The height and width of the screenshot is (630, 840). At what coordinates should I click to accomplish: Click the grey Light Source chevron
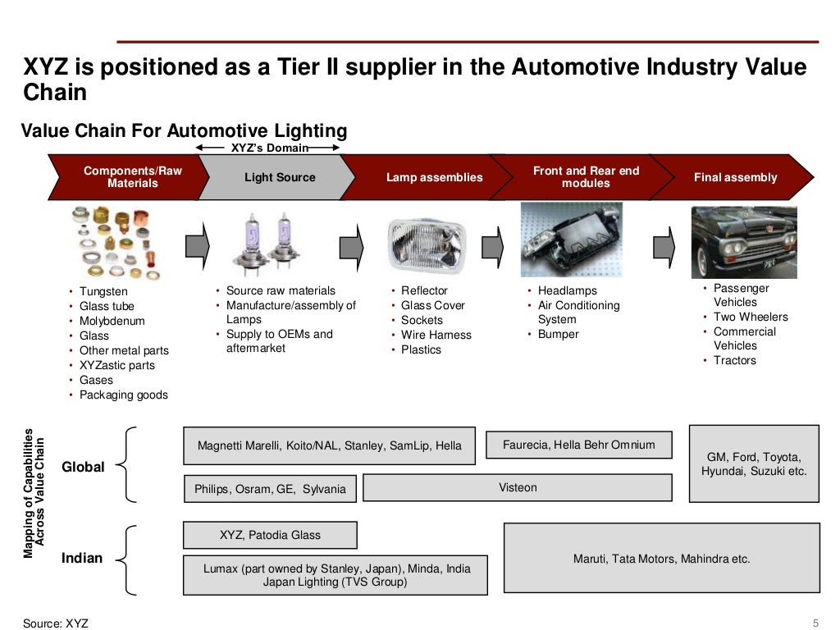coord(276,177)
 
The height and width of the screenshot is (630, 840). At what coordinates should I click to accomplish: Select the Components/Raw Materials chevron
coord(129,177)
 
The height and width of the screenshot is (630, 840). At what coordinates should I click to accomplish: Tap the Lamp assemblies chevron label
coord(435,177)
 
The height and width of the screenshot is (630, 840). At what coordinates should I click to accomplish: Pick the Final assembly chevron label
coord(736,177)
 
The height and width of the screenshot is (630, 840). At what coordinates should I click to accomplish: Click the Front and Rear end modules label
coord(586,177)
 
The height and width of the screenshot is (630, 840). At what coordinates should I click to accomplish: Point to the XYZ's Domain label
coord(269,148)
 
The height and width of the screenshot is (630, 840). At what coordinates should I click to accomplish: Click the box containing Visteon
coord(518,487)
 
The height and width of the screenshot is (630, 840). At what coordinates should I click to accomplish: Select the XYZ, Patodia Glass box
coord(270,535)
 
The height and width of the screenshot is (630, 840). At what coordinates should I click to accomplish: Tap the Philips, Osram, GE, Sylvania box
coord(270,489)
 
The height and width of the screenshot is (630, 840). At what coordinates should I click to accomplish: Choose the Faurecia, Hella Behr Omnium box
coord(579,445)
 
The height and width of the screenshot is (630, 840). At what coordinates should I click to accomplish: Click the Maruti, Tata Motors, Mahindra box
coord(662,558)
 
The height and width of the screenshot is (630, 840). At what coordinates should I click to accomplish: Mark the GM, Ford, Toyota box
coord(755,464)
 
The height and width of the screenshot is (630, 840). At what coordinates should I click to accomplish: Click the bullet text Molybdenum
coord(112,321)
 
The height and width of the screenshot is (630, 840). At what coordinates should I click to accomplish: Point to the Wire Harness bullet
coord(436,335)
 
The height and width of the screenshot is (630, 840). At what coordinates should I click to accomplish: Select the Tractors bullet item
coord(734,361)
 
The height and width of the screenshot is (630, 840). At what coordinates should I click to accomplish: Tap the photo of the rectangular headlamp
coord(427,246)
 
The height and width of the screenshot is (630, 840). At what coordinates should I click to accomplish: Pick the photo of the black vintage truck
coord(744,243)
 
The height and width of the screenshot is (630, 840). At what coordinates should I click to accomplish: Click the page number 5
coord(816,623)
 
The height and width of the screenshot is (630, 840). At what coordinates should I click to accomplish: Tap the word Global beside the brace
coord(83,467)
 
